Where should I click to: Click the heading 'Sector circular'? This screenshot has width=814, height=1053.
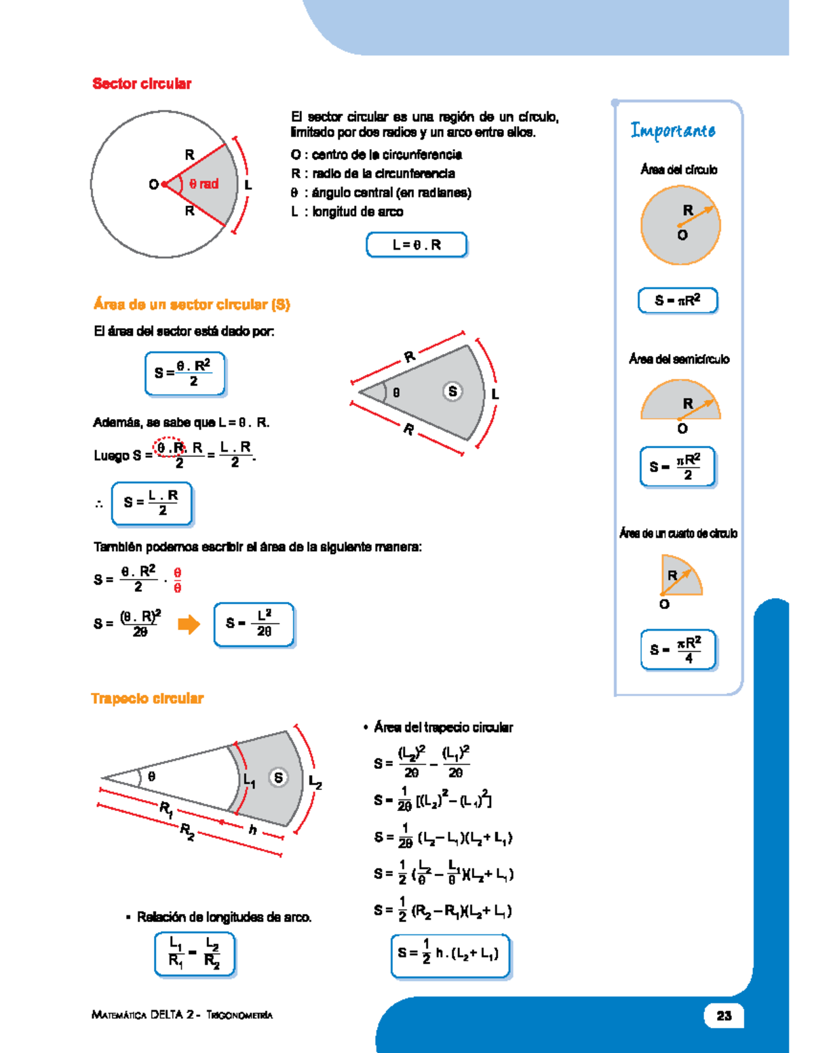tap(142, 84)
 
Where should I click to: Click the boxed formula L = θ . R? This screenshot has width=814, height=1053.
tap(416, 245)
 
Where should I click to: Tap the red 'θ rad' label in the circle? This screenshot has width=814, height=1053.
tap(203, 184)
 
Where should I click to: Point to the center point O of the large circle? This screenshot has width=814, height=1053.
tap(164, 184)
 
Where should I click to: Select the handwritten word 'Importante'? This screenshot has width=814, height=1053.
tap(672, 130)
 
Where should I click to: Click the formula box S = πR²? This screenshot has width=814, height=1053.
tap(677, 300)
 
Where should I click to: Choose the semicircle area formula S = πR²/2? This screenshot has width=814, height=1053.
tap(677, 466)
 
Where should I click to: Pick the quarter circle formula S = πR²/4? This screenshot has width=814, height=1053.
tap(678, 650)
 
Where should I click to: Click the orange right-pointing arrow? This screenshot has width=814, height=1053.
tap(189, 624)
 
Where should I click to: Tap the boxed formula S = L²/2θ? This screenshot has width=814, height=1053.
tap(254, 624)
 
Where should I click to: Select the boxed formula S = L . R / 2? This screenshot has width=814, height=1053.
tap(152, 503)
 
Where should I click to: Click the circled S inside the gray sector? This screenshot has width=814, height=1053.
tap(452, 391)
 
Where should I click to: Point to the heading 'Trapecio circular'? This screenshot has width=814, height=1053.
tap(147, 698)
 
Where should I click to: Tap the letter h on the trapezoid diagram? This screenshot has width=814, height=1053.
tap(252, 829)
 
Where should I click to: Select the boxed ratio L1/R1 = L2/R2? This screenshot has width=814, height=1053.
tap(195, 953)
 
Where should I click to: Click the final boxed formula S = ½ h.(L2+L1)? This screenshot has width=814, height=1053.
tap(450, 955)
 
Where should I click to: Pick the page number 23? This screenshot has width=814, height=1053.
tap(724, 1015)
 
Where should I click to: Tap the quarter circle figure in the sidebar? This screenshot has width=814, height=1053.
tap(680, 576)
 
